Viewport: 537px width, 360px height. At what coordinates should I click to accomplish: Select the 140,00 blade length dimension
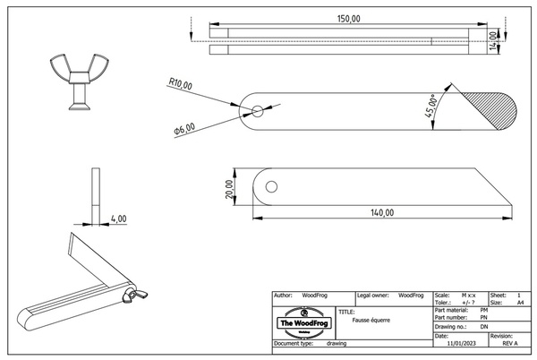click(x=381, y=212)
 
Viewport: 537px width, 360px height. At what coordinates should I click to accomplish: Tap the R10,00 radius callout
click(x=180, y=84)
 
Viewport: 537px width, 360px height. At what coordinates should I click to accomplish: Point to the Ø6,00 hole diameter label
click(x=184, y=130)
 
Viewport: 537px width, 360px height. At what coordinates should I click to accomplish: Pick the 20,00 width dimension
click(x=230, y=187)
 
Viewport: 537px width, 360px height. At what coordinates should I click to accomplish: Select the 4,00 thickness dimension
click(x=118, y=218)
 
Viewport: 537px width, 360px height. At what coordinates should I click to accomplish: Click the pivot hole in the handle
click(x=257, y=112)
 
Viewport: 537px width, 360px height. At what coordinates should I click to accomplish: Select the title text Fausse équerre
click(x=371, y=320)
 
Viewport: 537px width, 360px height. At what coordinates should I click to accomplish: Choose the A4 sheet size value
click(x=521, y=303)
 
